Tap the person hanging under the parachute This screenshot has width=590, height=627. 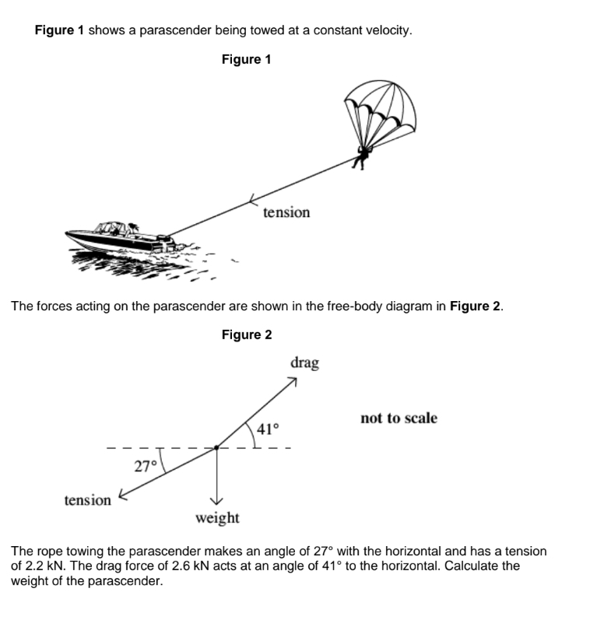(x=361, y=156)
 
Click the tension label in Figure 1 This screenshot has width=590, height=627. (x=286, y=212)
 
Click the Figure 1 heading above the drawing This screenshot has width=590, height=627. (x=246, y=59)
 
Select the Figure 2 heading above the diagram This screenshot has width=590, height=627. (x=246, y=335)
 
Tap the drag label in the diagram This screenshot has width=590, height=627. (x=304, y=363)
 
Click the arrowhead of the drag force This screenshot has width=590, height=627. (x=293, y=381)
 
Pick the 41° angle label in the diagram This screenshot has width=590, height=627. (x=268, y=429)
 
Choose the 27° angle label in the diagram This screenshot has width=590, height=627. (x=146, y=466)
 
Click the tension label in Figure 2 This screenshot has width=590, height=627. (x=88, y=500)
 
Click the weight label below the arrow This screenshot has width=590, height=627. (x=217, y=518)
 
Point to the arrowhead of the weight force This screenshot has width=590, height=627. (x=217, y=500)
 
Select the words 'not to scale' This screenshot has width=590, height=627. (x=399, y=419)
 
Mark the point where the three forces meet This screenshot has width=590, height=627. (x=217, y=448)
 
